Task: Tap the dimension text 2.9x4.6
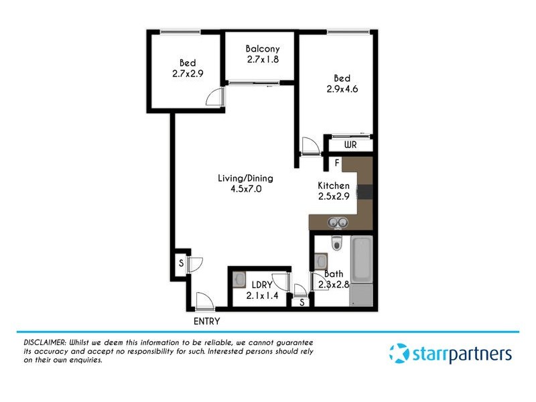coord(342,89)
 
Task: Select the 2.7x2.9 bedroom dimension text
coord(187,75)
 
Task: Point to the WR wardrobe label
coord(350,145)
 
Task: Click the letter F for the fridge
coord(336,163)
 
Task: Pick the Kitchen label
coord(333,186)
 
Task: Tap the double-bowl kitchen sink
coord(337,222)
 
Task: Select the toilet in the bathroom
coord(338,241)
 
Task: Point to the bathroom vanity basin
coord(320,261)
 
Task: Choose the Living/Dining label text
coord(245,178)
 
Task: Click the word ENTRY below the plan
coord(206,321)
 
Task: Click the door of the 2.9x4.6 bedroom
coord(310,145)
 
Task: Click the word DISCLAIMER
coord(39,342)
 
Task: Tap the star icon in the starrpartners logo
coord(399,352)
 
